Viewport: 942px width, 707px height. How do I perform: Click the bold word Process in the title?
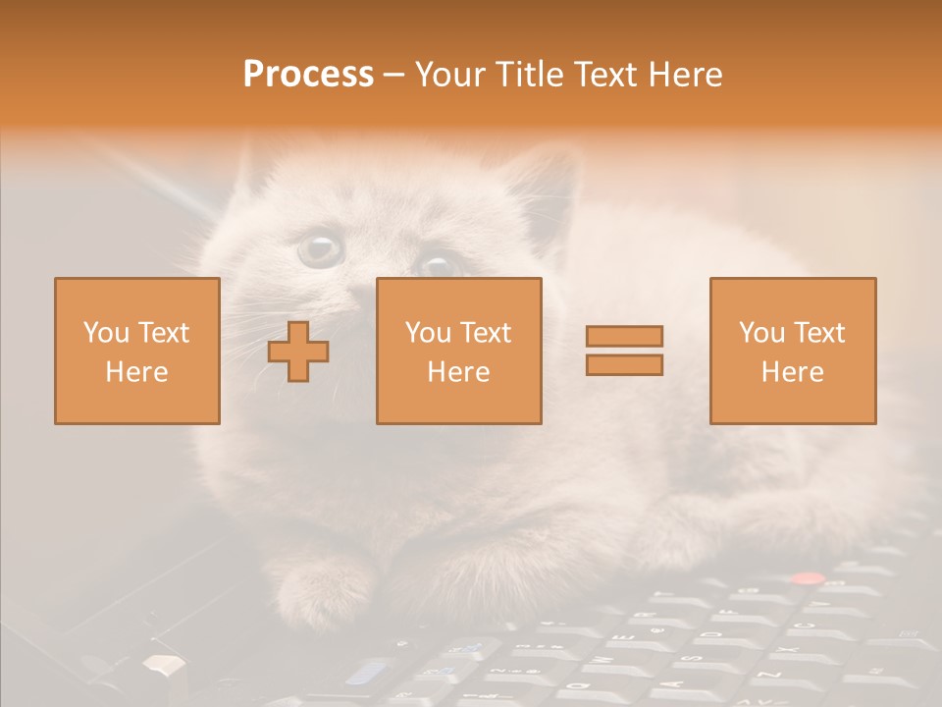(308, 75)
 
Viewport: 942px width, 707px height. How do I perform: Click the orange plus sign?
(298, 352)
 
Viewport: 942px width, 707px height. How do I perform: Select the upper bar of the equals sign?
(624, 336)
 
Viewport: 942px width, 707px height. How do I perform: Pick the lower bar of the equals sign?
(624, 364)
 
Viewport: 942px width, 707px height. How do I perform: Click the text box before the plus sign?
(136, 351)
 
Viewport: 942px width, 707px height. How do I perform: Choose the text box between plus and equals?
(458, 351)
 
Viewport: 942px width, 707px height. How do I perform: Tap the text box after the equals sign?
(792, 351)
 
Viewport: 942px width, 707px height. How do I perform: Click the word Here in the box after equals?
(792, 372)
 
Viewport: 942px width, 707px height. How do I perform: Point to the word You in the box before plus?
(107, 333)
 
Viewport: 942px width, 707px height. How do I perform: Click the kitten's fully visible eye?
(320, 248)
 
